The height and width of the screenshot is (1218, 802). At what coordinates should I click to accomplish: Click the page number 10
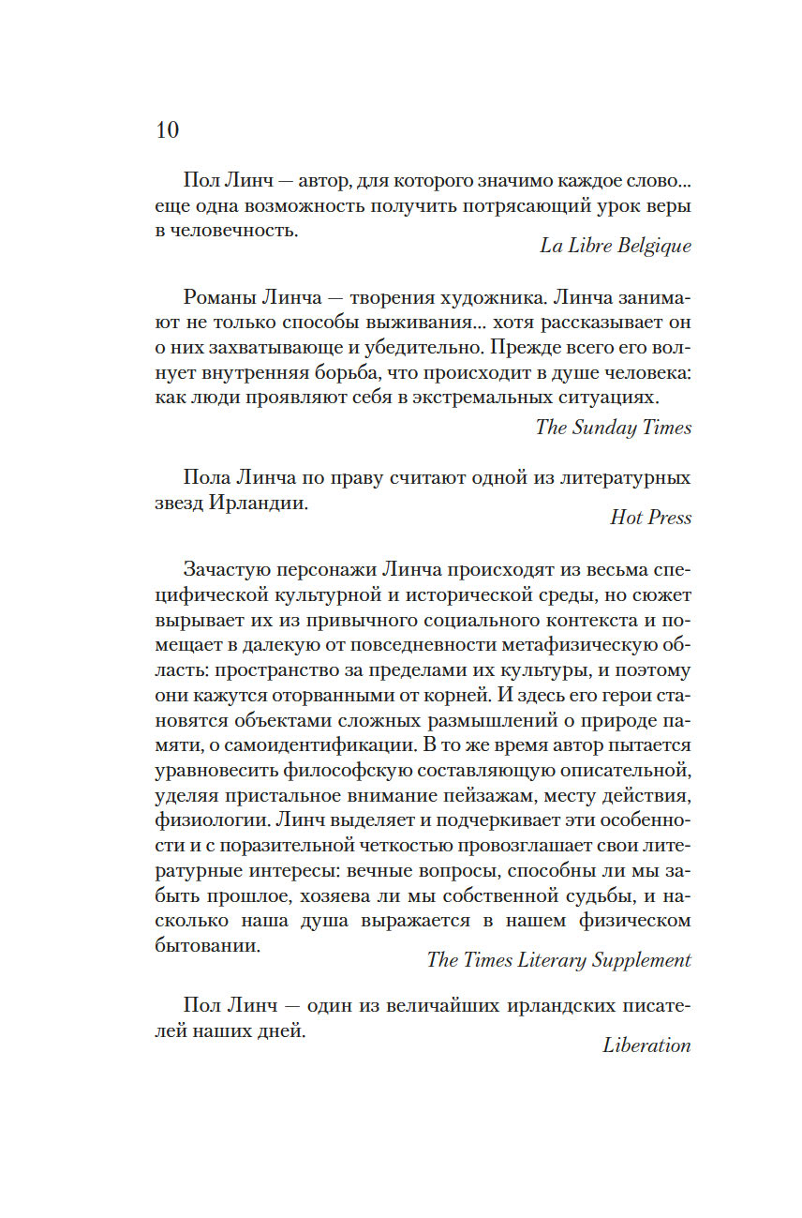pyautogui.click(x=167, y=129)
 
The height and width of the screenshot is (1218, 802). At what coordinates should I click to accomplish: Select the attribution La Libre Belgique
pyautogui.click(x=615, y=246)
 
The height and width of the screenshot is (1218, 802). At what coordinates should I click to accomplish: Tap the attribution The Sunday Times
pyautogui.click(x=613, y=428)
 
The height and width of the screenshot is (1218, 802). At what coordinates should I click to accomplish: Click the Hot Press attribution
pyautogui.click(x=650, y=518)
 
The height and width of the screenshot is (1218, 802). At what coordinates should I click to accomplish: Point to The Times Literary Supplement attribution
pyautogui.click(x=558, y=960)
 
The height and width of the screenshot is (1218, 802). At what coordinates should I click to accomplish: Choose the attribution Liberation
pyautogui.click(x=646, y=1045)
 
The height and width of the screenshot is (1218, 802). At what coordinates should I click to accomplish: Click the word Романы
pyautogui.click(x=222, y=298)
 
